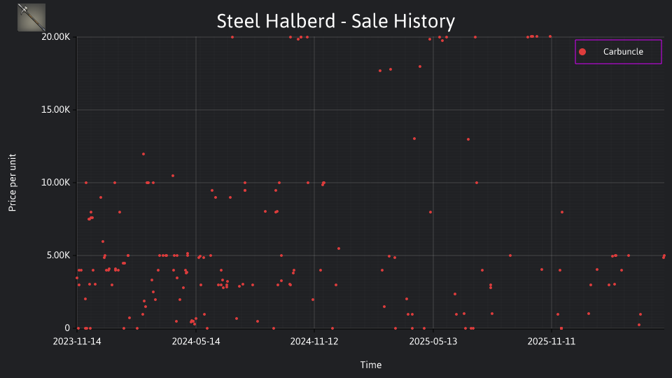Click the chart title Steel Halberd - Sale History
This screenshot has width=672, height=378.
[x=335, y=21]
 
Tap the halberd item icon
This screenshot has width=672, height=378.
[x=31, y=17]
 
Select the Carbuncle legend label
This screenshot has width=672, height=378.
[x=623, y=51]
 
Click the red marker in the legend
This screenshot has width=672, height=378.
[x=582, y=52]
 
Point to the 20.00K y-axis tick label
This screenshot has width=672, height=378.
[x=56, y=37]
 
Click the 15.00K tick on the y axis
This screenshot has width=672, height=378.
[x=56, y=110]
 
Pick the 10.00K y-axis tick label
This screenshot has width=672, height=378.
[x=56, y=183]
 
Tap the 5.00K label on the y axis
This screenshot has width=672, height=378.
[x=58, y=255]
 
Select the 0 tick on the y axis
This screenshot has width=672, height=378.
[x=67, y=328]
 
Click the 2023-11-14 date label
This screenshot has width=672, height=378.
[x=77, y=342]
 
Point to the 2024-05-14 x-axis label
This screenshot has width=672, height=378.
[x=196, y=342]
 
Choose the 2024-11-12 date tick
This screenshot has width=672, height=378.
[x=314, y=342]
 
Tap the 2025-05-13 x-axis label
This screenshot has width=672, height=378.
[x=433, y=342]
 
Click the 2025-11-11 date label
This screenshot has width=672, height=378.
[x=551, y=342]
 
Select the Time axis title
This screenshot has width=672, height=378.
[x=371, y=365]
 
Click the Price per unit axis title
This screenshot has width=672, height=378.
[x=13, y=183]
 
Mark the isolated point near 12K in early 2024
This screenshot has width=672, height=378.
[x=143, y=154]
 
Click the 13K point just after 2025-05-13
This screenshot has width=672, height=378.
[x=468, y=139]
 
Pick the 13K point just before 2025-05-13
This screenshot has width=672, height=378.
[x=414, y=139]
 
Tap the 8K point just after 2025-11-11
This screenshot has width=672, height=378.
[x=562, y=212]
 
